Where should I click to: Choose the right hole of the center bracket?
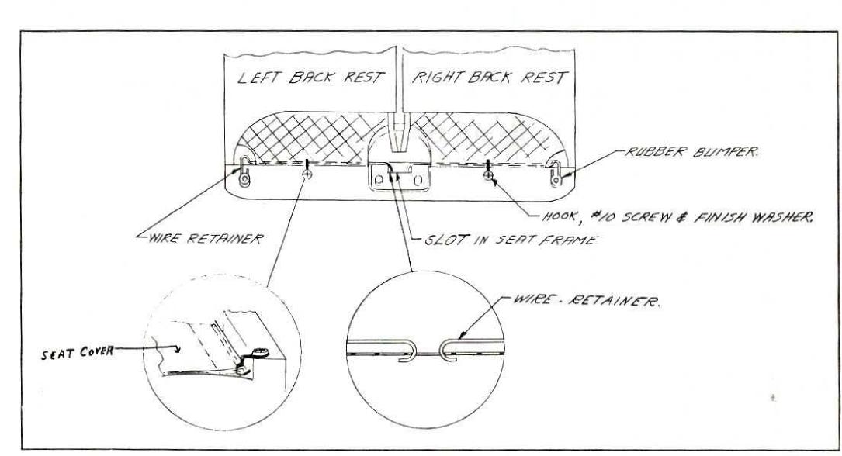pyautogui.click(x=421, y=181)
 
